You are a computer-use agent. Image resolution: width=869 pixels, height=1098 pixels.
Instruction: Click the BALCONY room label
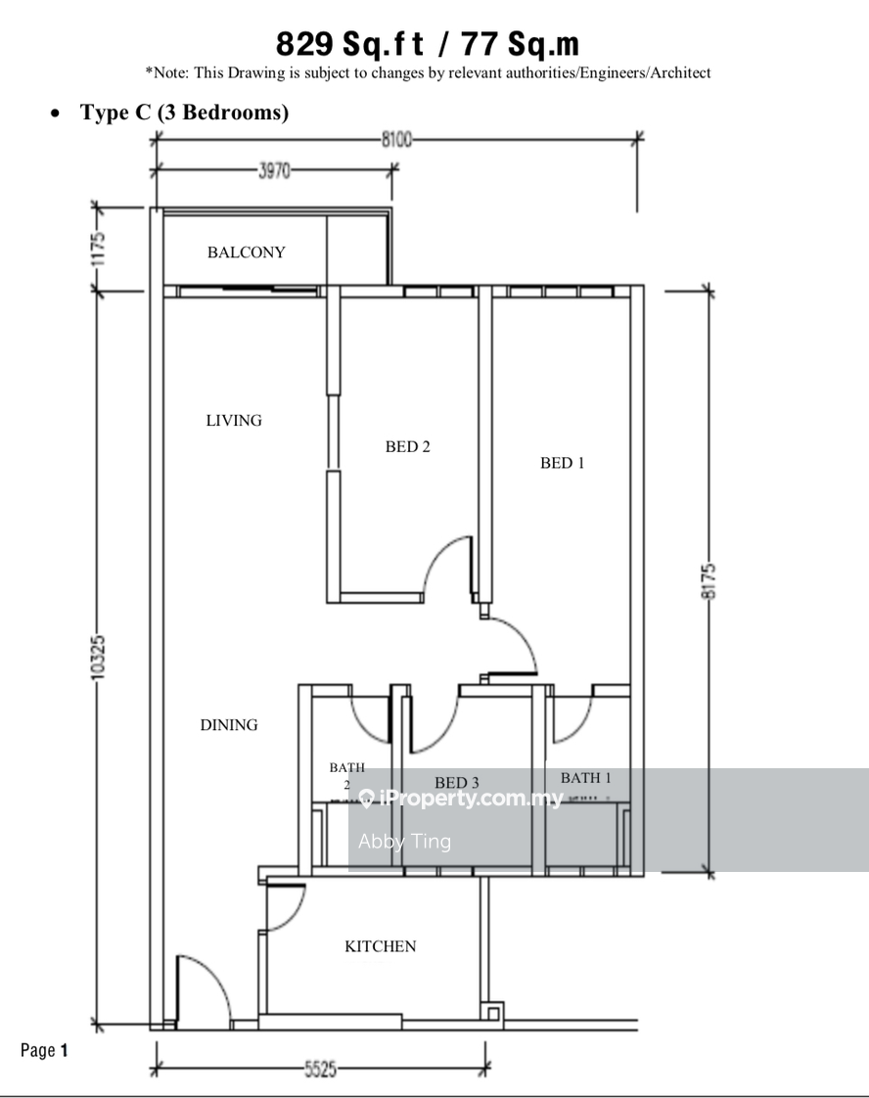click(x=246, y=252)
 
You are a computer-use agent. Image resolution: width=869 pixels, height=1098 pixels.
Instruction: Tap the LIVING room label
click(x=234, y=420)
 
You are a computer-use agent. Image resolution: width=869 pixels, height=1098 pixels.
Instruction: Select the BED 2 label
click(x=407, y=446)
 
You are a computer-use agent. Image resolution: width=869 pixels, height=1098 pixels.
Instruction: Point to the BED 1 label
click(x=562, y=462)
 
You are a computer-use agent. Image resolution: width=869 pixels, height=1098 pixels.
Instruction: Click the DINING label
click(x=229, y=725)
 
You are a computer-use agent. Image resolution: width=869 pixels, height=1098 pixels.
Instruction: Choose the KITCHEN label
click(x=381, y=946)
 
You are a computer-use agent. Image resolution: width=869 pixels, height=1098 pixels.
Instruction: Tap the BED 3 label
click(x=457, y=782)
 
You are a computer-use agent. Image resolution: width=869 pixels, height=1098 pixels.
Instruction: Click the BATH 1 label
click(x=585, y=777)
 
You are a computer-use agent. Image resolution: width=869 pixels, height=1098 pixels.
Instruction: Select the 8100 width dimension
click(x=396, y=139)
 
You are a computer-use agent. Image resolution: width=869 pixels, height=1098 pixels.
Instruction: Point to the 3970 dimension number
click(x=274, y=170)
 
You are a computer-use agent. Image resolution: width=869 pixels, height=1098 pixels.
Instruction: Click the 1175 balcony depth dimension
click(x=98, y=249)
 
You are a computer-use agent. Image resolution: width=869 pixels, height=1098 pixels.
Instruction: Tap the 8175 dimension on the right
click(x=709, y=581)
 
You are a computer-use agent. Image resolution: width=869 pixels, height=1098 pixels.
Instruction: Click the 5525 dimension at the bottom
click(x=321, y=1070)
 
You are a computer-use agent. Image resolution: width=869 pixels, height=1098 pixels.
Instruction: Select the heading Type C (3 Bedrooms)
click(x=184, y=112)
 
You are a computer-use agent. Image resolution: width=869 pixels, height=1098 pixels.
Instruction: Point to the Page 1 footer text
click(x=44, y=1050)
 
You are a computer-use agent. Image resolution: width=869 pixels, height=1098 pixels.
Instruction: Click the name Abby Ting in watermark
click(x=404, y=841)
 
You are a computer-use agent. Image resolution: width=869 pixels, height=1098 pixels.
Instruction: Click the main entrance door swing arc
click(x=215, y=975)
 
